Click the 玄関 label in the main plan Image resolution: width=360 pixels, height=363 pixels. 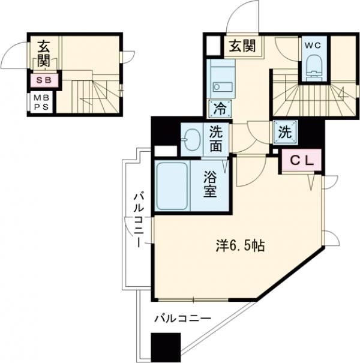[242, 46]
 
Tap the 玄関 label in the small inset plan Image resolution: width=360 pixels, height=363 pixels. [43, 53]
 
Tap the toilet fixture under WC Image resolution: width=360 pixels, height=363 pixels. [312, 67]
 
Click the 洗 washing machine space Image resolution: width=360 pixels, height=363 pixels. [284, 131]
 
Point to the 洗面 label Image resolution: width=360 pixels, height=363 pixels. [217, 138]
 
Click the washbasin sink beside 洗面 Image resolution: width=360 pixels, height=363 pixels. [193, 139]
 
